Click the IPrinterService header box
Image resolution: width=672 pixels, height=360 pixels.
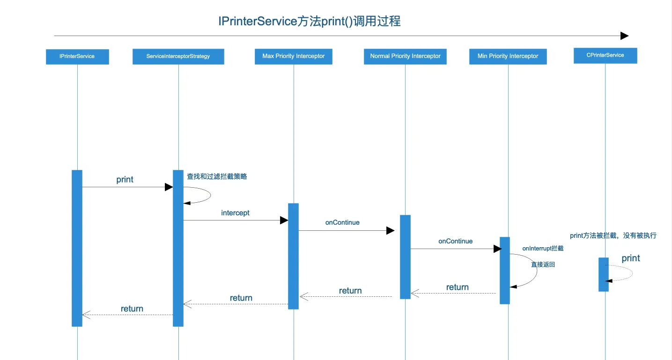click(x=77, y=56)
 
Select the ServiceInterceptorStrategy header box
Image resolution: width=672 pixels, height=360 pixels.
click(x=178, y=56)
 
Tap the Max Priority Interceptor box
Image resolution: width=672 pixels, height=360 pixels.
click(x=294, y=56)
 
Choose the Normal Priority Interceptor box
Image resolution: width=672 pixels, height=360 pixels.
click(x=405, y=56)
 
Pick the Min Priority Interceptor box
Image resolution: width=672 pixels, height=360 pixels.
click(x=508, y=56)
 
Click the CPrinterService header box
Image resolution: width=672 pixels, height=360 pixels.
click(x=605, y=55)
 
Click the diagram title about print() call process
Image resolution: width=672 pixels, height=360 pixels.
click(x=310, y=22)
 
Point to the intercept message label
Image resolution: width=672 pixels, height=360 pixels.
click(x=235, y=213)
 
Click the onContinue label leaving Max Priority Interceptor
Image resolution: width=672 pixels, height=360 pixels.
click(x=342, y=223)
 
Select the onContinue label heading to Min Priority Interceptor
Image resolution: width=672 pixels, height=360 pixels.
click(x=455, y=242)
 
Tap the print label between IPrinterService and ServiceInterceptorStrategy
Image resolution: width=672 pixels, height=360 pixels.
click(x=125, y=180)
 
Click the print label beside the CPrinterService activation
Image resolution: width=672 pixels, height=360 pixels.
click(x=631, y=258)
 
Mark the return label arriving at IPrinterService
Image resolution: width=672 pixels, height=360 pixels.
click(x=132, y=309)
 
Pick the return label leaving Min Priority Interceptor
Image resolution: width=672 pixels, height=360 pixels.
click(x=458, y=287)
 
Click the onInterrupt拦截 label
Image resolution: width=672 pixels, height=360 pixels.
click(x=543, y=249)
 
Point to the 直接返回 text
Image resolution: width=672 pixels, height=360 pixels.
click(x=543, y=264)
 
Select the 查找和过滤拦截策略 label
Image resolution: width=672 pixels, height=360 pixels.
click(x=217, y=176)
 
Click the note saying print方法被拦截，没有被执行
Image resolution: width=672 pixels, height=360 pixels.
click(x=613, y=236)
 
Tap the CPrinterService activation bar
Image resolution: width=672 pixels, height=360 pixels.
click(x=604, y=274)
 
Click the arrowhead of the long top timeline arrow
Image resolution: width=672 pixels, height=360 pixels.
click(x=624, y=36)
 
